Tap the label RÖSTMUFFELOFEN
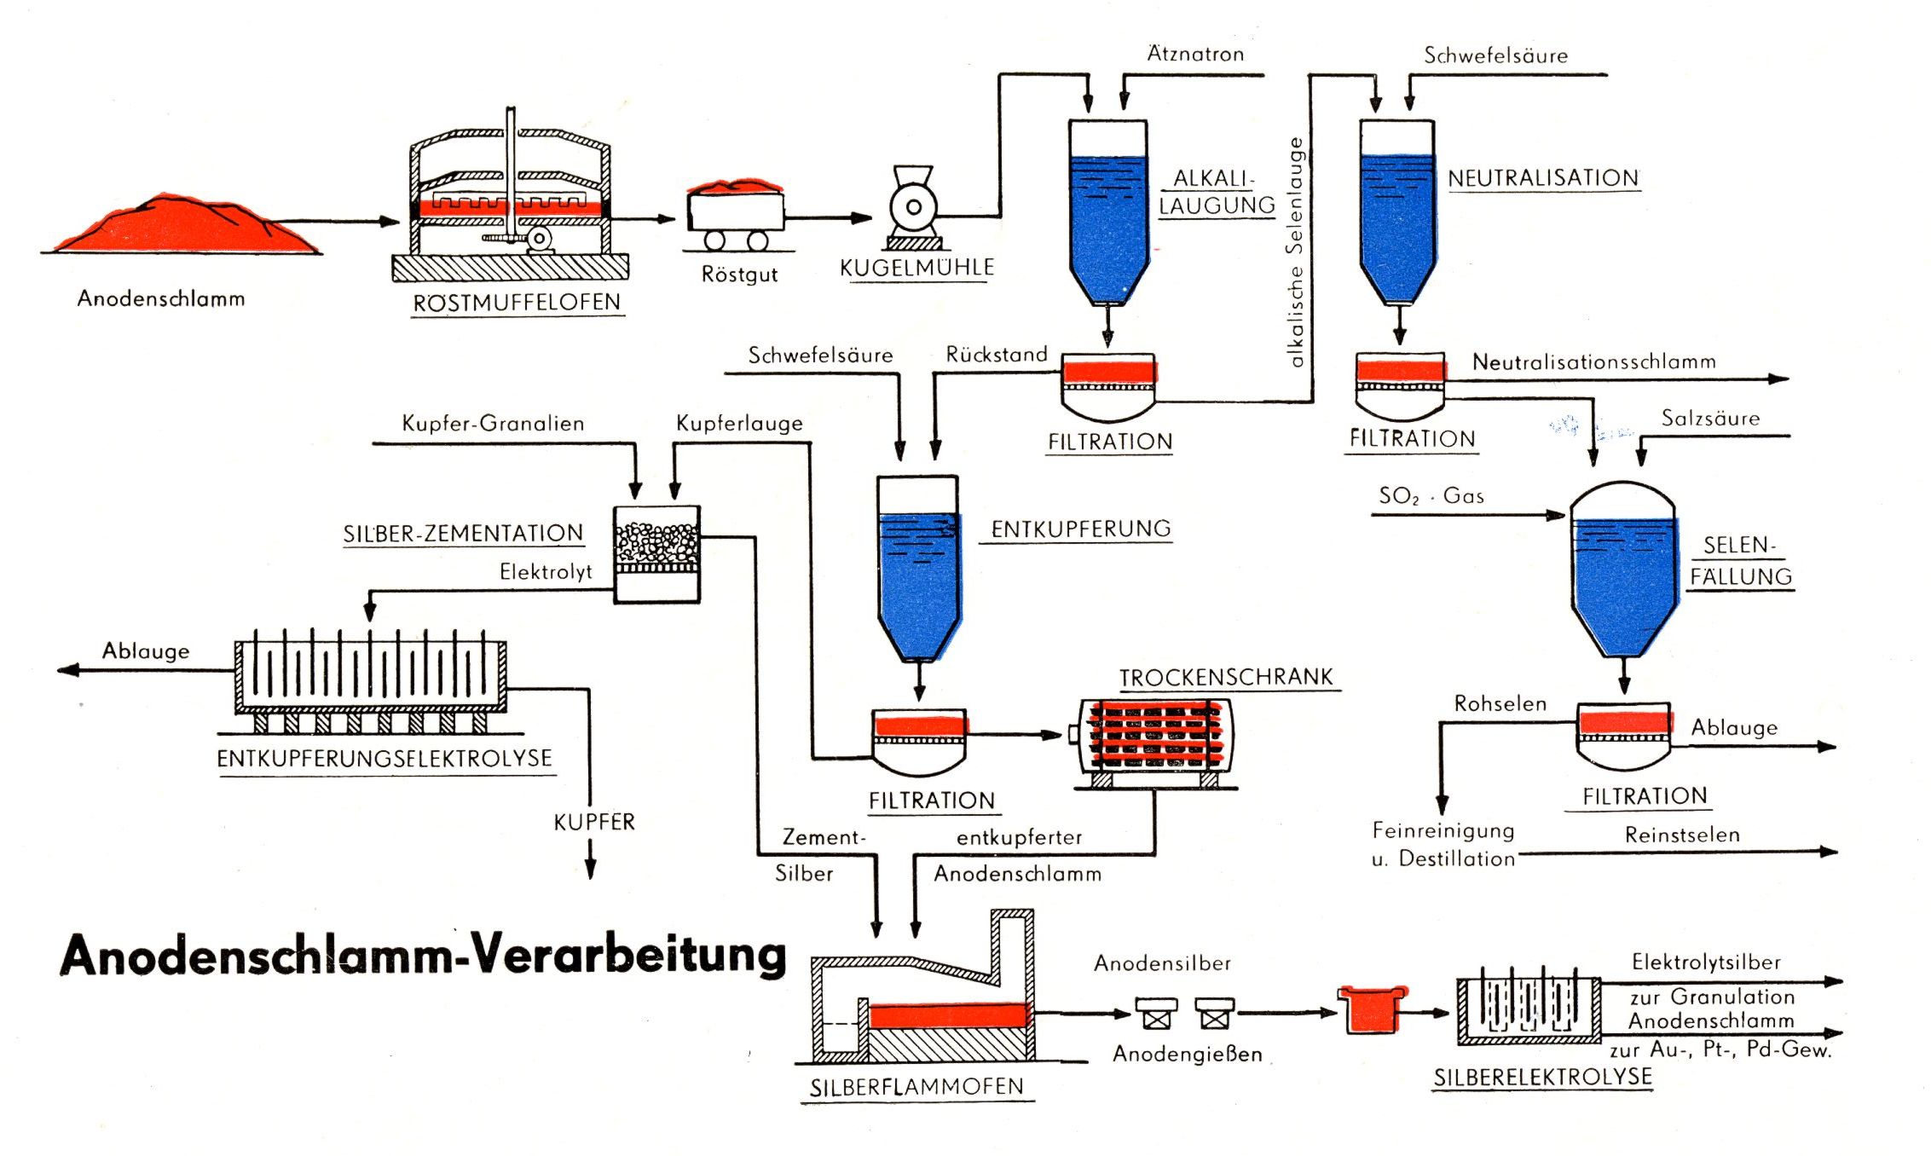[517, 303]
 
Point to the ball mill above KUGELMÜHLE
[913, 207]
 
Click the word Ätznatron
[1195, 54]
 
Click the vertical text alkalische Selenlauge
[1296, 252]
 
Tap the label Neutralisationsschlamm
[1593, 361]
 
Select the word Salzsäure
[1710, 418]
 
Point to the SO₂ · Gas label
[1431, 495]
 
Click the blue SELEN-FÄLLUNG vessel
[1624, 580]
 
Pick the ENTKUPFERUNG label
[1081, 529]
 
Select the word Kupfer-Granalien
[493, 423]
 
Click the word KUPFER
[594, 822]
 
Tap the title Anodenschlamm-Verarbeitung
[423, 955]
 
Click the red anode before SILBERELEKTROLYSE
[1371, 1011]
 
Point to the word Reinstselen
[1682, 835]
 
